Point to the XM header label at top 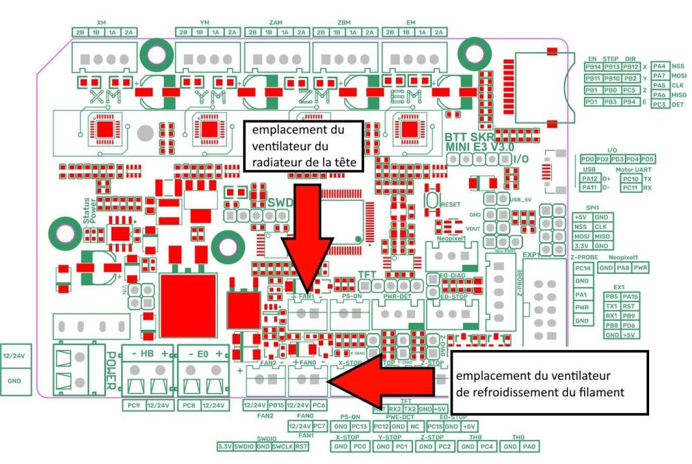tap(101, 23)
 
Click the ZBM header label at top tap(343, 23)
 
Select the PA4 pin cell tap(659, 66)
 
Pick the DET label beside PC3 tap(677, 104)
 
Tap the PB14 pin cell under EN tap(592, 67)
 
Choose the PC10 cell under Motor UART tap(630, 178)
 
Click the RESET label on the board tap(450, 205)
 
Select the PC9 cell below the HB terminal tap(134, 405)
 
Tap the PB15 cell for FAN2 tap(277, 405)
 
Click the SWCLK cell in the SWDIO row tap(282, 446)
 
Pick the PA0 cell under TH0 tap(529, 446)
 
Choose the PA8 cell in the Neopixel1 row tap(623, 268)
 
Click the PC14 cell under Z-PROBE tap(583, 268)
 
